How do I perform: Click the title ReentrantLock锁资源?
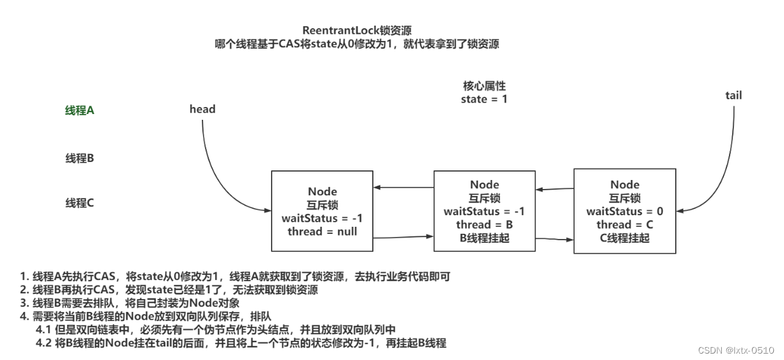[357, 31]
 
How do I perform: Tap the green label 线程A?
[79, 111]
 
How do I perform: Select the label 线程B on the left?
[79, 158]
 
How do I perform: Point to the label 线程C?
[79, 203]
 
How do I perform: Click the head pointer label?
[202, 109]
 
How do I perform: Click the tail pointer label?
[733, 95]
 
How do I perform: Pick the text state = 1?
[484, 99]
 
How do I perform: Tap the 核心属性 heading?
[484, 85]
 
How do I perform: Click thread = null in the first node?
[322, 231]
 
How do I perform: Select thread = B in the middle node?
[484, 225]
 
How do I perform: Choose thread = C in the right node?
[625, 225]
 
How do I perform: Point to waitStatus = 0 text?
[625, 211]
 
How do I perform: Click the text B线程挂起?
[484, 238]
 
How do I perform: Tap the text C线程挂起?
[625, 238]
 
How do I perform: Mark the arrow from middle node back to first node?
[404, 188]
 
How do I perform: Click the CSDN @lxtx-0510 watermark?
[735, 350]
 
